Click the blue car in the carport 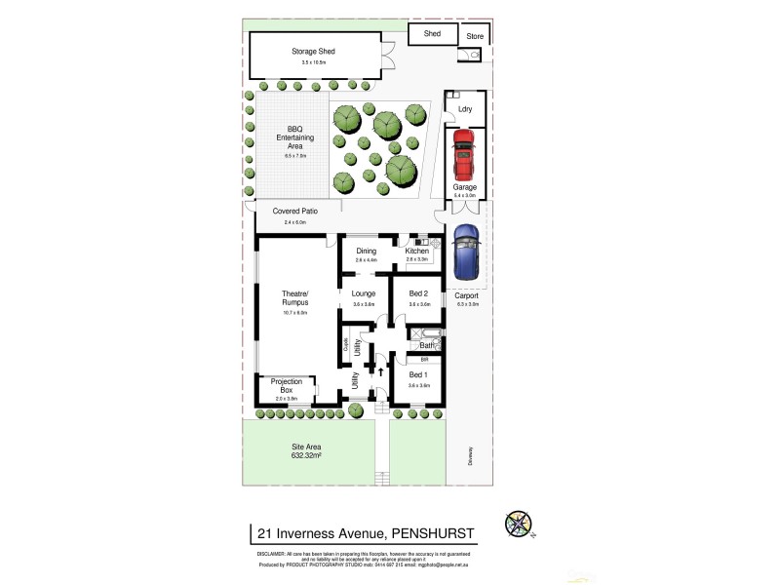(x=467, y=252)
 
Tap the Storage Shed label (x=314, y=51)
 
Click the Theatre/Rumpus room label (x=294, y=298)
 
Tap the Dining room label (x=366, y=252)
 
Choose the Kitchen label (x=417, y=252)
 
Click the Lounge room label (x=364, y=293)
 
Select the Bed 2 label (x=418, y=293)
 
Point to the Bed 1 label (x=418, y=374)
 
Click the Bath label (x=426, y=345)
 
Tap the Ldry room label (x=465, y=109)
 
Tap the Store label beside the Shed (x=474, y=37)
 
